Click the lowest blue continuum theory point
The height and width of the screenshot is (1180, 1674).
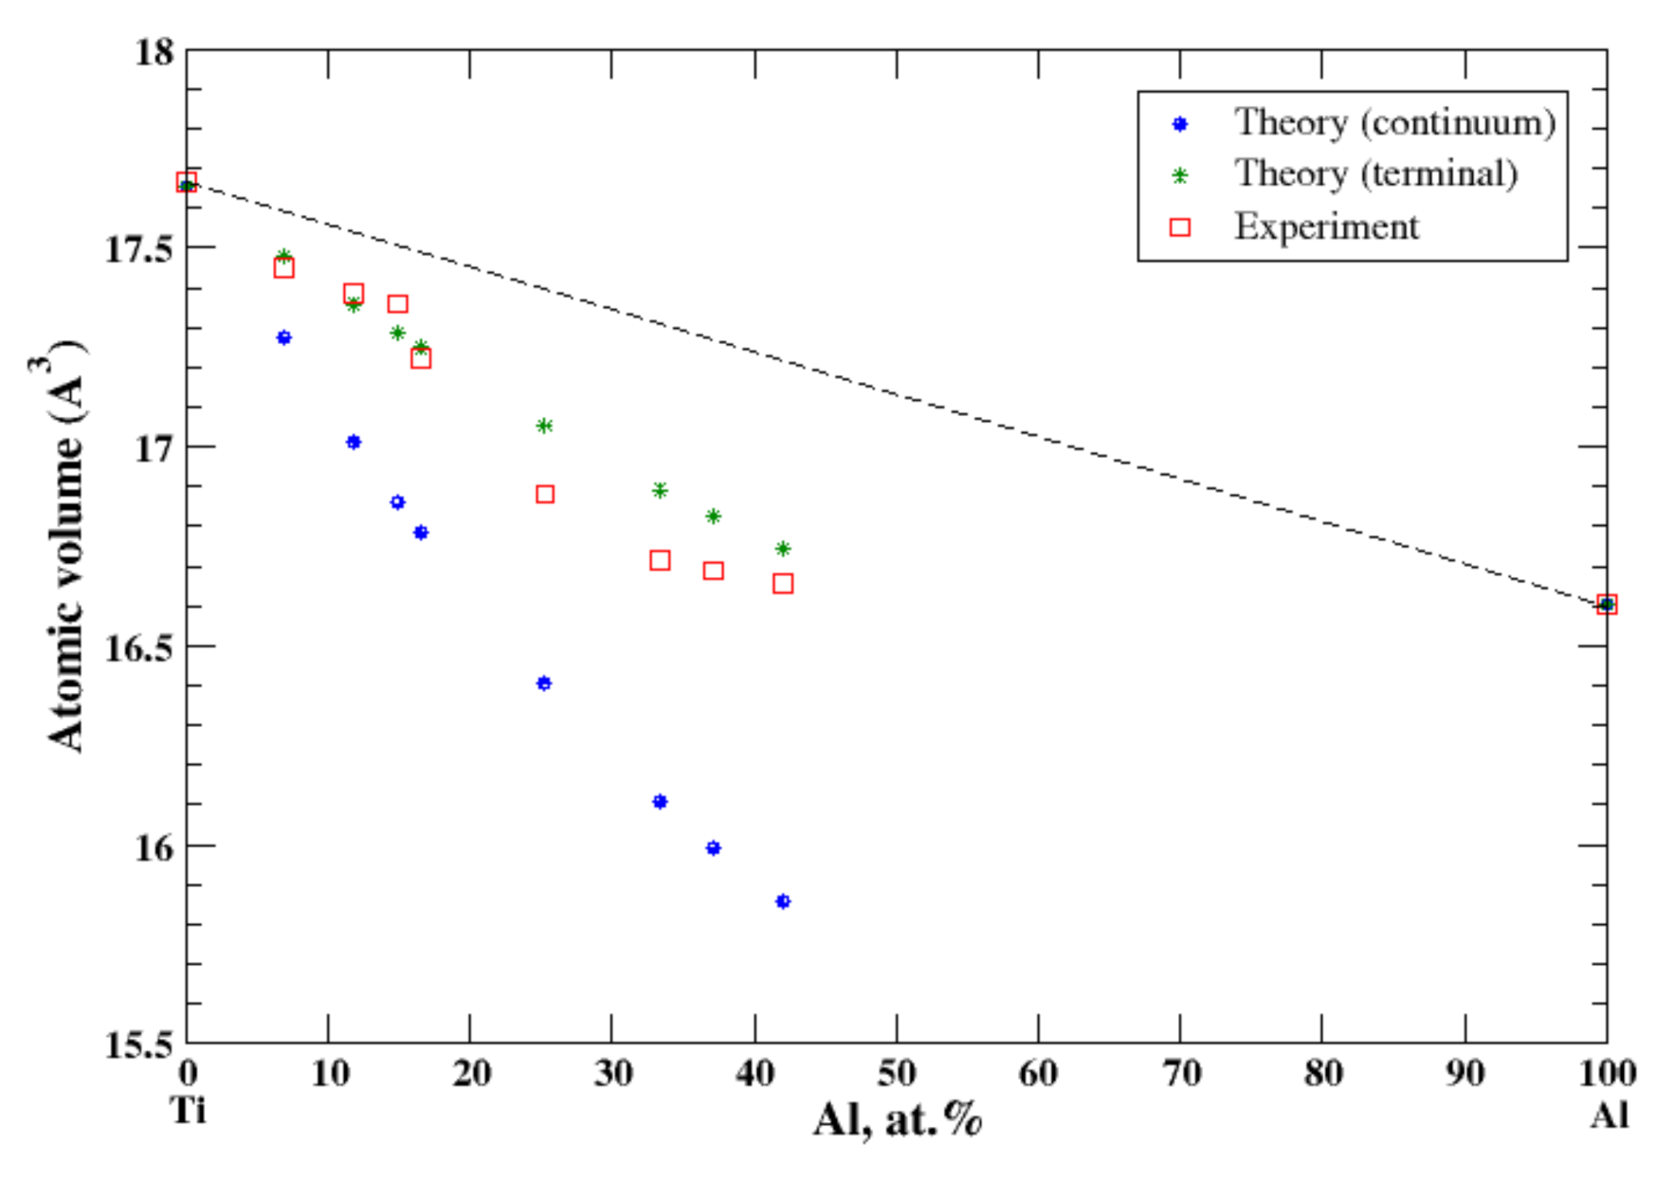point(782,901)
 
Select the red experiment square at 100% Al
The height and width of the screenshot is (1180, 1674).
point(1606,604)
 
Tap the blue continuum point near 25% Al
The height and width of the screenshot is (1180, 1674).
point(543,683)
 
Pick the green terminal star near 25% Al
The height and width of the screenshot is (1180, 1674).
point(544,427)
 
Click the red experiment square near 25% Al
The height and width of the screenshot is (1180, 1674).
point(545,494)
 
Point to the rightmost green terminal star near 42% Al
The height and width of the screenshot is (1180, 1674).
point(783,549)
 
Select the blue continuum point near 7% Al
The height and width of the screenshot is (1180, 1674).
point(283,337)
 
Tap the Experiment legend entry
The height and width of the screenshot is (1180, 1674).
point(1325,227)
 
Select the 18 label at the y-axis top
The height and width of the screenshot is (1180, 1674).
point(155,51)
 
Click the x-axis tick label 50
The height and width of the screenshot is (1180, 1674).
point(896,1073)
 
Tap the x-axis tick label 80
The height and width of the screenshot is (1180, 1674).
point(1322,1073)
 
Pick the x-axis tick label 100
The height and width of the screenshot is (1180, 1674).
point(1607,1073)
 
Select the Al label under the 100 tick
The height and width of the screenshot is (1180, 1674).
point(1609,1116)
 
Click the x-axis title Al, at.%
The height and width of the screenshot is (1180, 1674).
point(897,1120)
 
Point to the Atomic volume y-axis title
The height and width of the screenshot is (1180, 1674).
point(66,545)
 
